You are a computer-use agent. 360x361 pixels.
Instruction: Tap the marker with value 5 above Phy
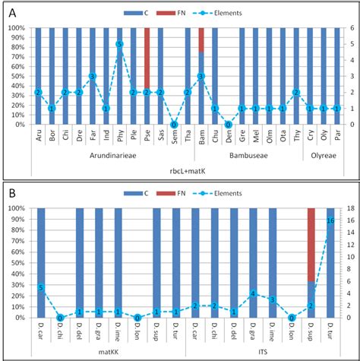click(x=119, y=45)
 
